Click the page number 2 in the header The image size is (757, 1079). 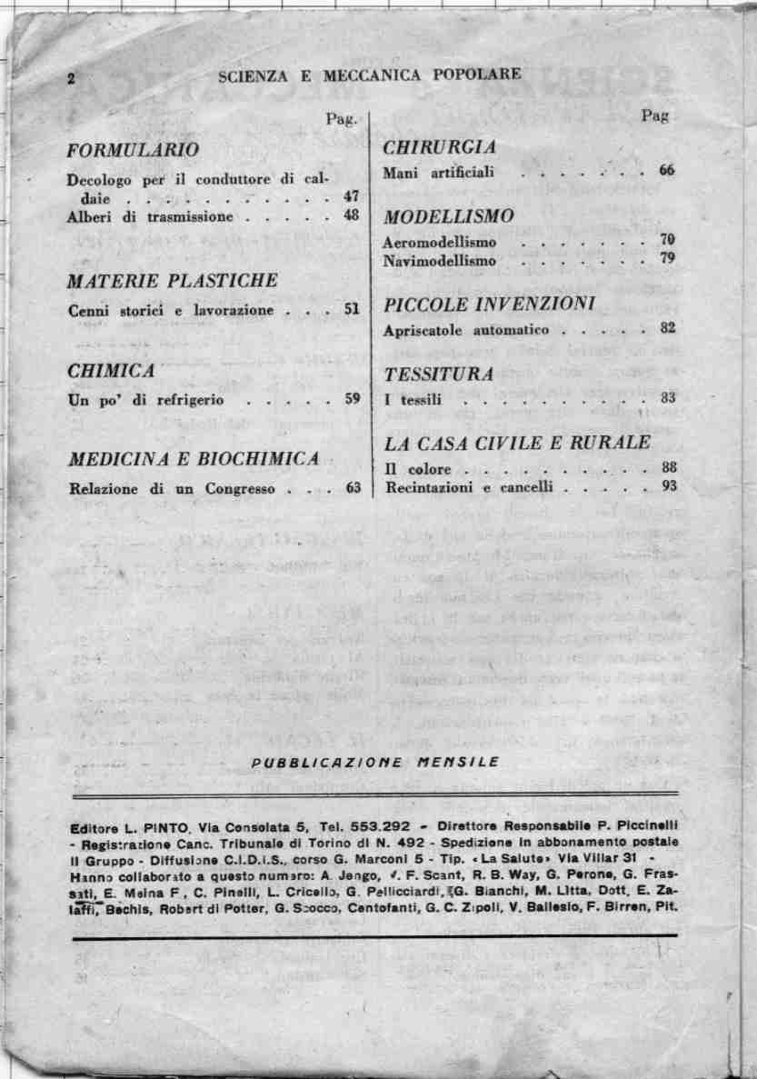point(70,78)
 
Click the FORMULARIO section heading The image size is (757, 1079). point(133,149)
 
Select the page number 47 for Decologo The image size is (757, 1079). point(352,195)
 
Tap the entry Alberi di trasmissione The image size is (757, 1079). point(150,217)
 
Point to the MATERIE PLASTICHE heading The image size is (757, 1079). point(173,281)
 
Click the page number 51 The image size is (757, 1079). point(353,310)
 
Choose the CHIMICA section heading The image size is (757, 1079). point(111,371)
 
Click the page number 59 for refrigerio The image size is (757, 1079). point(353,398)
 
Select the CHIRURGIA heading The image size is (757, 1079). point(440,148)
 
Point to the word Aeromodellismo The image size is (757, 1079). point(440,243)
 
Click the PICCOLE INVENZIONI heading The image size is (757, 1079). point(489,303)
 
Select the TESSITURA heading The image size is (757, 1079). point(439,374)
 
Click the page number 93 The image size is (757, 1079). point(669,487)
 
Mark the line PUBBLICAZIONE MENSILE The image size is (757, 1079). point(375,762)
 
